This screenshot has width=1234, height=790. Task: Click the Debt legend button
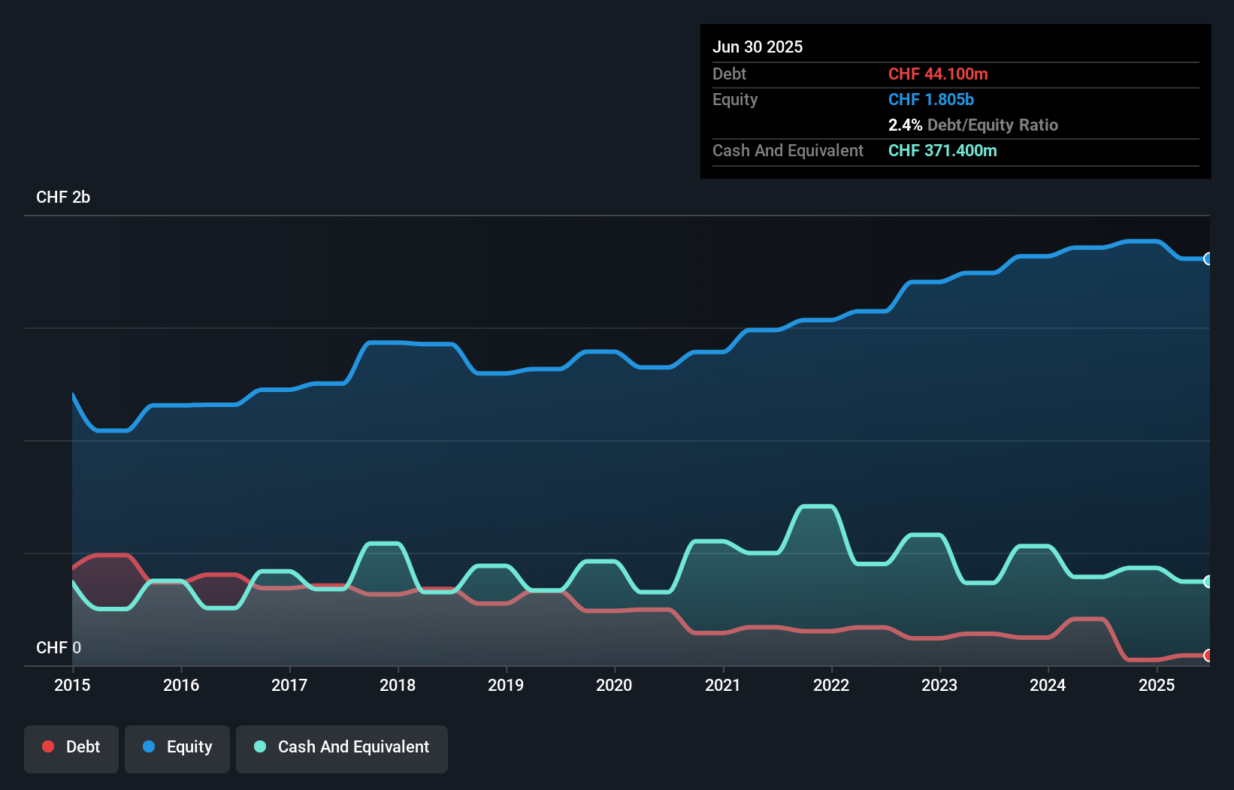click(71, 748)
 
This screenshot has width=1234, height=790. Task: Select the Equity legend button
click(177, 748)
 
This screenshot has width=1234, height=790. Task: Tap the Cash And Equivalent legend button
click(342, 748)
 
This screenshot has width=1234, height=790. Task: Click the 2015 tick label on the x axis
click(72, 685)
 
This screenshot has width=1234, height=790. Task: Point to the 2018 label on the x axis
click(398, 685)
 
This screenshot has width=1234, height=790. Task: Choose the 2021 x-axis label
click(722, 685)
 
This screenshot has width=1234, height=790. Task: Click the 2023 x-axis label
click(939, 685)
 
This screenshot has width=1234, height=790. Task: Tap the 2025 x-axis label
click(1157, 685)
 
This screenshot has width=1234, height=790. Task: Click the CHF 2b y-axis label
click(63, 197)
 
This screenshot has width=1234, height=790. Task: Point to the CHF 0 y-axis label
click(59, 647)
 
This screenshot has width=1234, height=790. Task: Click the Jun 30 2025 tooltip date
click(758, 47)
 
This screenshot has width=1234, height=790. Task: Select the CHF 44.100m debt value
click(938, 74)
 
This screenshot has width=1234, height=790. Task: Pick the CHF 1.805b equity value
click(931, 100)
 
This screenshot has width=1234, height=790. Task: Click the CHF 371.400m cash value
click(942, 151)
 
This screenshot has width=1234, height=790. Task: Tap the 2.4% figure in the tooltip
click(905, 125)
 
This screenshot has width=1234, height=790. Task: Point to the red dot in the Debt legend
click(48, 746)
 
